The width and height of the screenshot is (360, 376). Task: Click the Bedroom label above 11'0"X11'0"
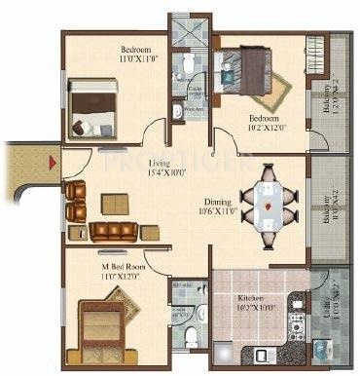[136, 49]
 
